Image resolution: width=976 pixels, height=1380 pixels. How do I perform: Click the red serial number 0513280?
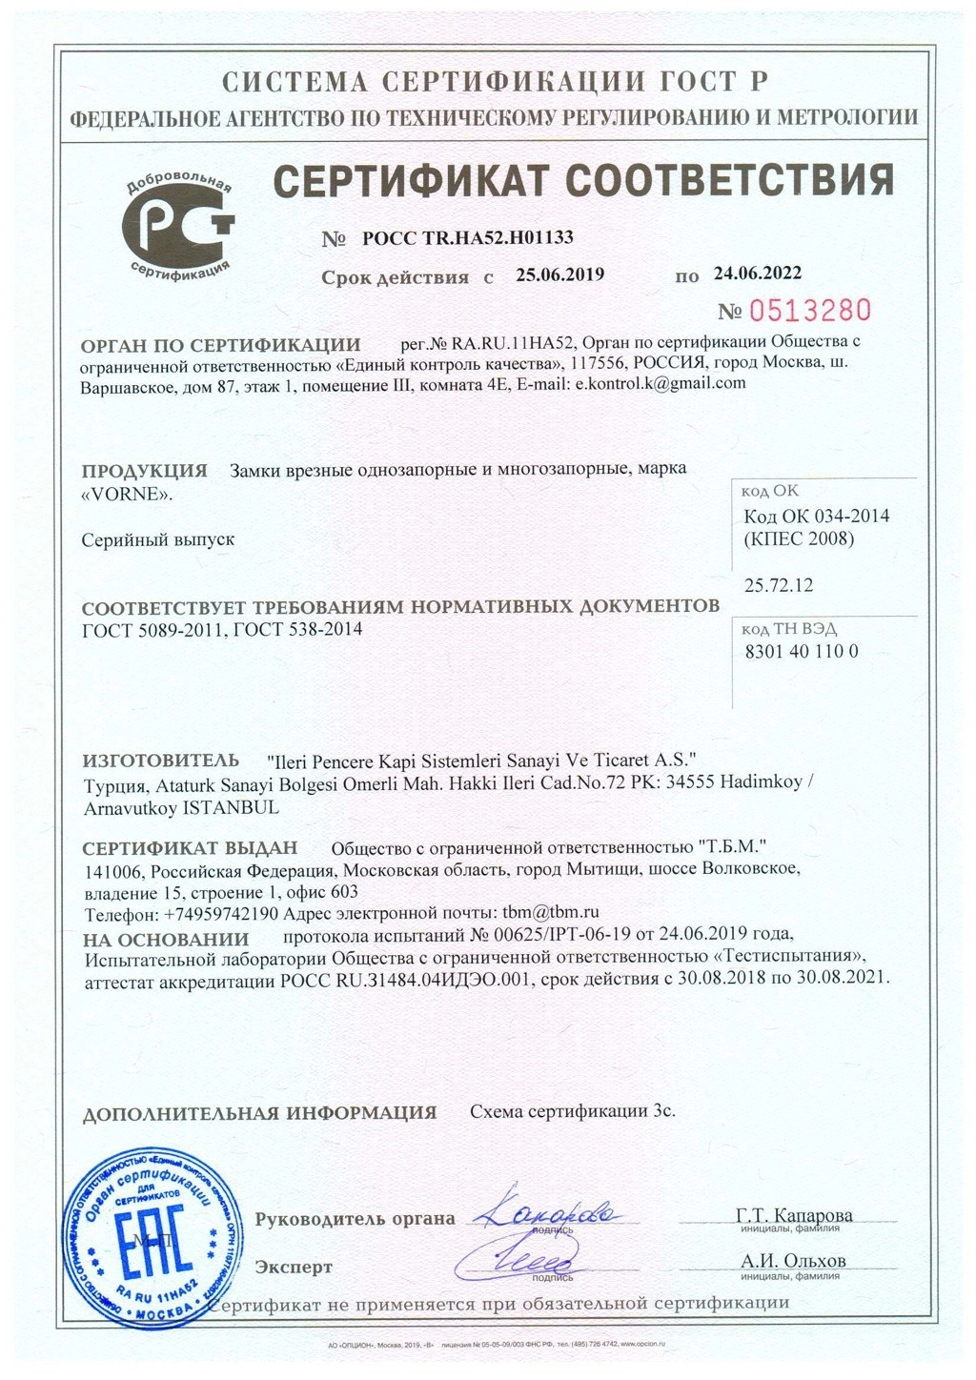(x=809, y=311)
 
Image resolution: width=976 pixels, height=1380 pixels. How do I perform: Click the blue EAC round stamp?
(x=142, y=1240)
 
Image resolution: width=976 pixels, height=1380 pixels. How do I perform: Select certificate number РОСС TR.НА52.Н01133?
(x=468, y=238)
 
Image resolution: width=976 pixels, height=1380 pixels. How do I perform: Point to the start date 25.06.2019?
(x=560, y=275)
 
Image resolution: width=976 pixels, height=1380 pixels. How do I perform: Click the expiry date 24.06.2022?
(x=757, y=274)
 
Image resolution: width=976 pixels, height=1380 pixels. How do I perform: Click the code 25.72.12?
(x=779, y=585)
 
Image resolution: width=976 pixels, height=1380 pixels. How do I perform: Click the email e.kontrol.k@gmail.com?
(x=661, y=384)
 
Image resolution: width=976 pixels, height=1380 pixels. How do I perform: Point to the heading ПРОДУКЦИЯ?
(x=144, y=471)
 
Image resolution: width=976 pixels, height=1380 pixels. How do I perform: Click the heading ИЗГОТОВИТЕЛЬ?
(x=161, y=761)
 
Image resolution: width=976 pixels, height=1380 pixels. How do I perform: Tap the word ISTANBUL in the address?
(x=234, y=806)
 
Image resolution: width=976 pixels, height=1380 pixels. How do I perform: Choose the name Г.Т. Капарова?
(x=794, y=1215)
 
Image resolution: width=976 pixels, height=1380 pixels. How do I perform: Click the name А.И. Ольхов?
(x=793, y=1261)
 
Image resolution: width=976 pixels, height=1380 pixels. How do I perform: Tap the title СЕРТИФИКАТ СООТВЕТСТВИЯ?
(x=583, y=180)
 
